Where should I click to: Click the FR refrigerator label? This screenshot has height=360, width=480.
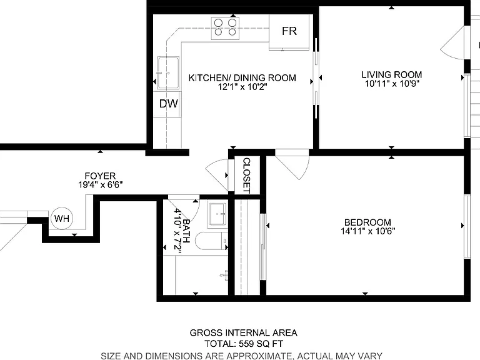(x=289, y=31)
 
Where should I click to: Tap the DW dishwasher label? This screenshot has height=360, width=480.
(x=168, y=104)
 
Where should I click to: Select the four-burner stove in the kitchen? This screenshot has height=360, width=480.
(x=225, y=28)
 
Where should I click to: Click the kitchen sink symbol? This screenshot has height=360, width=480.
(x=168, y=72)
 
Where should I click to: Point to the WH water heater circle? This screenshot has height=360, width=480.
(x=62, y=218)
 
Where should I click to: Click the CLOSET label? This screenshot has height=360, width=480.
(x=247, y=176)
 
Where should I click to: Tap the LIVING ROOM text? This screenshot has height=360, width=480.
(x=391, y=75)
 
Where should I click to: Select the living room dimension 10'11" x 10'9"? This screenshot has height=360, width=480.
(x=391, y=84)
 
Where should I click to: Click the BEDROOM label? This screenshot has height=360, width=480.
(x=367, y=222)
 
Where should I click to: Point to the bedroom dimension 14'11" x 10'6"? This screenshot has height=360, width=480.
(x=367, y=231)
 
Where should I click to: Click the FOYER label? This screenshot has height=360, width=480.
(x=100, y=176)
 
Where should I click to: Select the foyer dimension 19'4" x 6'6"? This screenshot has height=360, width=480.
(x=101, y=185)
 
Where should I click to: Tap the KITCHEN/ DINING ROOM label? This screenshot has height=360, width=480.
(x=242, y=77)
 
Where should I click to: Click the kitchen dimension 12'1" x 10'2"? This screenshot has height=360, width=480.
(x=242, y=87)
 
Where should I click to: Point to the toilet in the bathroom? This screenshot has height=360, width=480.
(x=211, y=241)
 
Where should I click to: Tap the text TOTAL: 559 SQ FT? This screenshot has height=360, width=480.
(x=244, y=344)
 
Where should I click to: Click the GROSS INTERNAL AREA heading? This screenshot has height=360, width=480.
(x=243, y=332)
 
